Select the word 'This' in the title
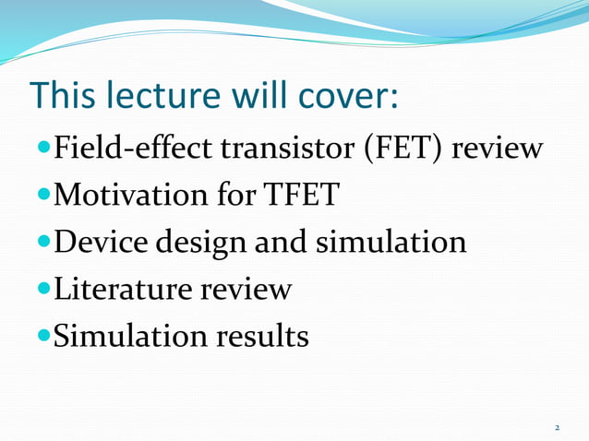(x=63, y=96)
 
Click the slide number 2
(x=557, y=428)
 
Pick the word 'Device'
(x=101, y=242)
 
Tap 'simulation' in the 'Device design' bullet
(x=391, y=242)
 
